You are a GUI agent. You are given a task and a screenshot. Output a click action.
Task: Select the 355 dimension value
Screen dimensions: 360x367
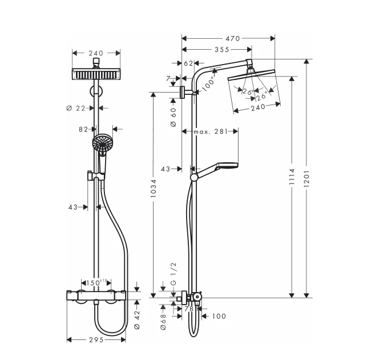coord(214,50)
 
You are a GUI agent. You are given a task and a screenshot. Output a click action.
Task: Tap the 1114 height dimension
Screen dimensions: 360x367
coord(292,177)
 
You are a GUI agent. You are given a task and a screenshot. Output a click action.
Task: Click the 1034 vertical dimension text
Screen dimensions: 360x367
coord(152,191)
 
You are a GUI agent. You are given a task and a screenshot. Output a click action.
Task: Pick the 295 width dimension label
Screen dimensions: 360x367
coord(96,340)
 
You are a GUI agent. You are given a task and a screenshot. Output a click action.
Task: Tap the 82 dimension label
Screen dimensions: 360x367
coord(83,129)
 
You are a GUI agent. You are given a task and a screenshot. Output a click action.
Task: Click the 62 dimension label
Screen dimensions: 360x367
coord(189,63)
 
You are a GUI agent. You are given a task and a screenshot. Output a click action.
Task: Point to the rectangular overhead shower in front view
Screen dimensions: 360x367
coord(96,75)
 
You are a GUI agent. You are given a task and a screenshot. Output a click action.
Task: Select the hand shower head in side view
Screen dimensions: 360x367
coord(225,166)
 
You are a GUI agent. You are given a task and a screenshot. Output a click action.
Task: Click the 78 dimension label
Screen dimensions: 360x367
coord(189,309)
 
